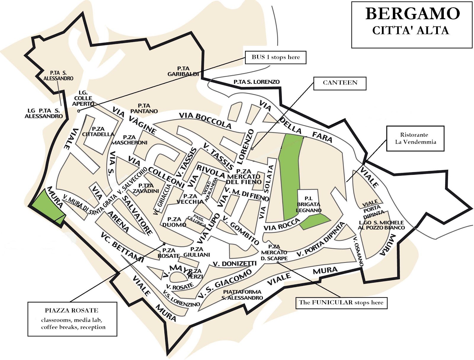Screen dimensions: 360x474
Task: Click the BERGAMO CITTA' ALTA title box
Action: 411,24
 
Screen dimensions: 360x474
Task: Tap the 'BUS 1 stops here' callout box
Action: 275,57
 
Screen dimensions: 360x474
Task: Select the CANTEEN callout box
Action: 340,83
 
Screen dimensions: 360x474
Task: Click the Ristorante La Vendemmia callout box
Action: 415,138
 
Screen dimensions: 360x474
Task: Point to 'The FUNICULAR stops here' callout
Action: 341,303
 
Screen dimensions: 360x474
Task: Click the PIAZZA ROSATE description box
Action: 72,319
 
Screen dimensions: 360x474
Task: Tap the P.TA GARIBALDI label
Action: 183,71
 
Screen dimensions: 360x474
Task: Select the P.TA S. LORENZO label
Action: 256,82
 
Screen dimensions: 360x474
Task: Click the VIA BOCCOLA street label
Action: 205,120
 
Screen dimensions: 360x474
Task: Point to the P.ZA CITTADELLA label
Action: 98,132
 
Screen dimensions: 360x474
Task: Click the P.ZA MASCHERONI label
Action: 129,140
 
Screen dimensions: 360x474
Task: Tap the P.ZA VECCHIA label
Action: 190,199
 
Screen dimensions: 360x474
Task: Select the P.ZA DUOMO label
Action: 174,222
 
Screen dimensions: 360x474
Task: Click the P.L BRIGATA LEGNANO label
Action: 309,204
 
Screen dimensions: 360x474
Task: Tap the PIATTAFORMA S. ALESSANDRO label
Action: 242,295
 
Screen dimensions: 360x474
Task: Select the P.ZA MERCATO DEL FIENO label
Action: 244,177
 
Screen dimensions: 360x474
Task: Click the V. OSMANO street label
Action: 358,252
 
